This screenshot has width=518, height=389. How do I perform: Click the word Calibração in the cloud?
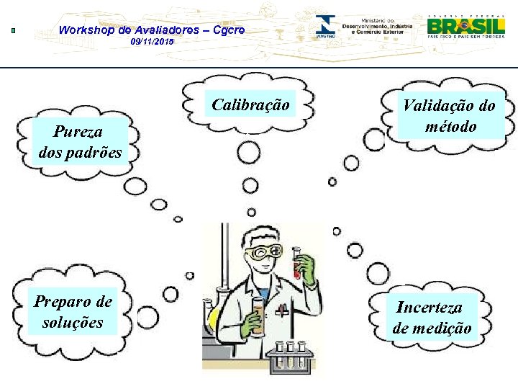coord(250,105)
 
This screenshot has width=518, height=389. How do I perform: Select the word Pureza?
coord(77,132)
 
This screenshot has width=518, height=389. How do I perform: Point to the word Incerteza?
coord(430,308)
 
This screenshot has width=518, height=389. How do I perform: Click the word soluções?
coord(72,322)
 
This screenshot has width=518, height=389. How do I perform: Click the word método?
coord(450,127)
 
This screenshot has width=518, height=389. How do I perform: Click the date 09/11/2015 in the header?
coord(152,43)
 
